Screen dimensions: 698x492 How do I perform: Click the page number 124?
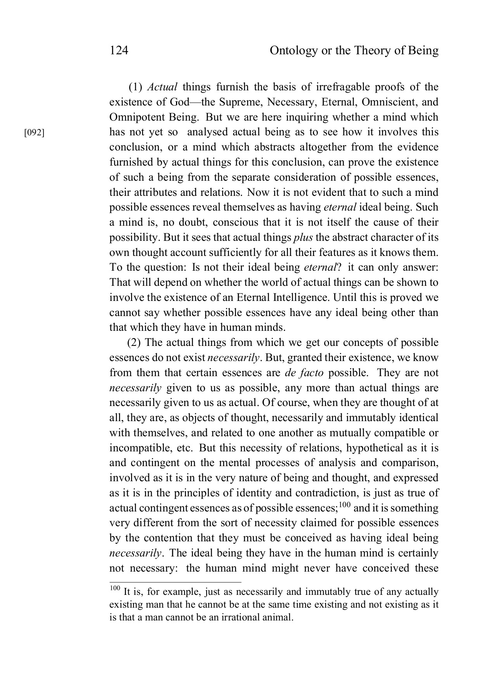(119, 51)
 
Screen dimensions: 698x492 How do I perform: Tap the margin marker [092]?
(34, 133)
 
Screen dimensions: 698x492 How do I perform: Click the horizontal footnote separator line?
(175, 582)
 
